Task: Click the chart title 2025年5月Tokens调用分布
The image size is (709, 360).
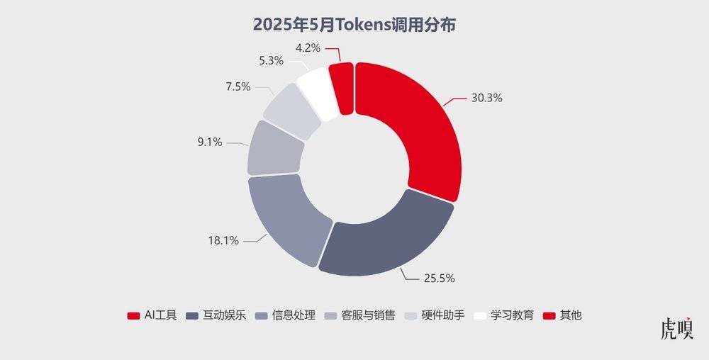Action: pos(354,25)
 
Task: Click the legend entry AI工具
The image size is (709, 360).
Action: pos(152,315)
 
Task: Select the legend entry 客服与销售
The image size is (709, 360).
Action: pos(360,315)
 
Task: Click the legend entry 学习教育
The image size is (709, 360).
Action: pos(503,315)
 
